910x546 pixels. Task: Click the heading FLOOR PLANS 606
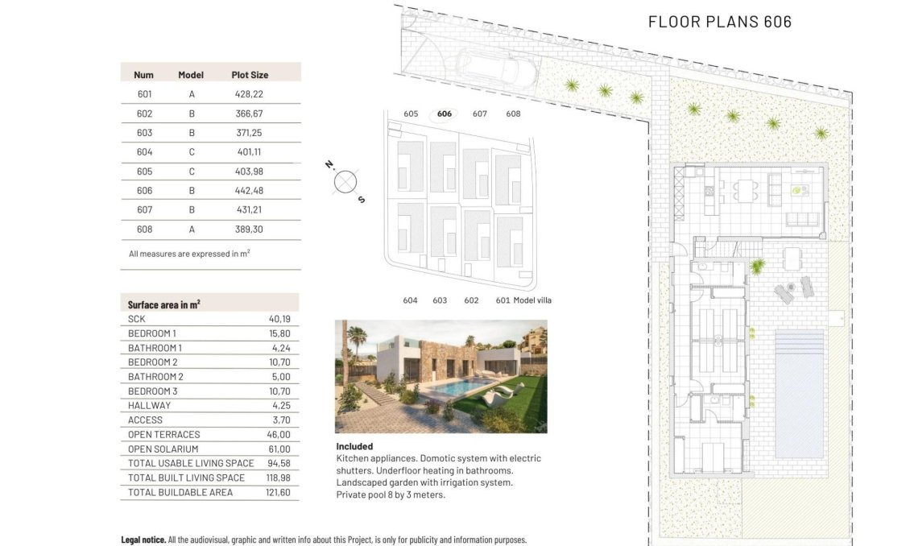pos(719,22)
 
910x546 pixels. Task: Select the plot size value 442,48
pos(249,191)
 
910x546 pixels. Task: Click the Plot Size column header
pos(250,75)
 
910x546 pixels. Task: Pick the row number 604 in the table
pos(144,152)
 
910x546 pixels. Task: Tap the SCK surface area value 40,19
pos(279,319)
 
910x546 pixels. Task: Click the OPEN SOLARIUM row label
pos(163,449)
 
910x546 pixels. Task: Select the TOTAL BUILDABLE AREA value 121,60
pos(276,492)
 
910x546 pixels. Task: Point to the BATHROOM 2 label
pos(155,377)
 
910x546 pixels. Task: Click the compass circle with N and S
pos(345,182)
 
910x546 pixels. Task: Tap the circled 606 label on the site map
pos(445,114)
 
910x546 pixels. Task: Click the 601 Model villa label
pos(523,300)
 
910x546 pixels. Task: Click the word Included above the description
pos(354,446)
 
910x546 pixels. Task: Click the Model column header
pos(191,75)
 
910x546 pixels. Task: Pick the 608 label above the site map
pos(513,114)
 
